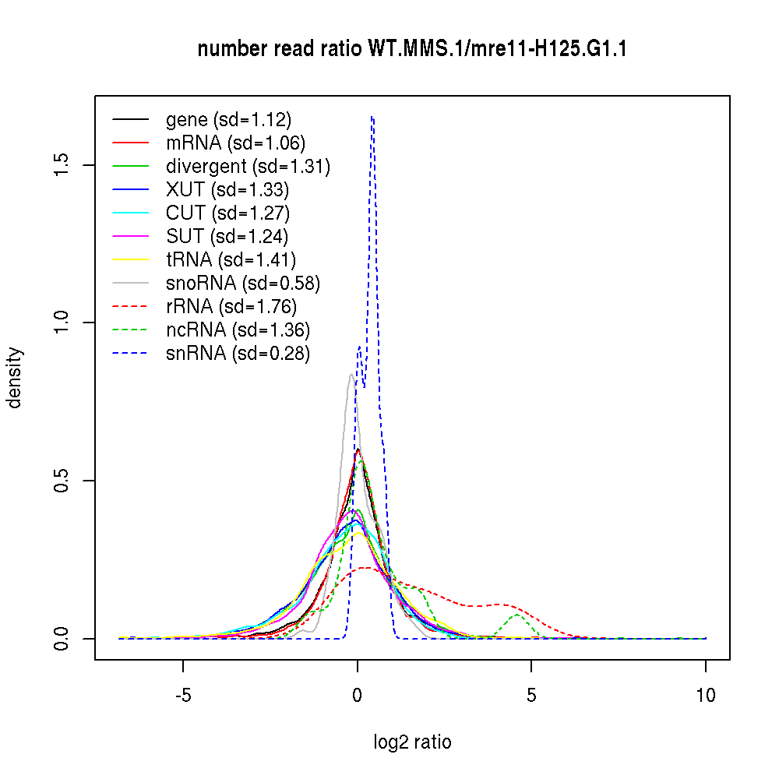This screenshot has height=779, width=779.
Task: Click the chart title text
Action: click(x=412, y=50)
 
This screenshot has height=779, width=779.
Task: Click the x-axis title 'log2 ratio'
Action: click(x=412, y=742)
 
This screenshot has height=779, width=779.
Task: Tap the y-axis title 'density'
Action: click(x=15, y=377)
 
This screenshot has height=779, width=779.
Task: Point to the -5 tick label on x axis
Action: click(x=183, y=695)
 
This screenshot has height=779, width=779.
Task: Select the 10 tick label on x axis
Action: click(x=705, y=695)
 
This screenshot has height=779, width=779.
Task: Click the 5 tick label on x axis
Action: click(x=531, y=695)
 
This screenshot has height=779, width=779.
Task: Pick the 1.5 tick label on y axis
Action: click(x=63, y=164)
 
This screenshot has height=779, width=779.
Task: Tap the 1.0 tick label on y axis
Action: click(x=63, y=323)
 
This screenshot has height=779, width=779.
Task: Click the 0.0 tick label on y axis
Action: click(x=63, y=638)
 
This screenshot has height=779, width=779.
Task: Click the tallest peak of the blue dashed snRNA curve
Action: click(x=372, y=117)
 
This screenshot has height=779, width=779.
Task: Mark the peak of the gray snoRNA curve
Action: click(x=351, y=375)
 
